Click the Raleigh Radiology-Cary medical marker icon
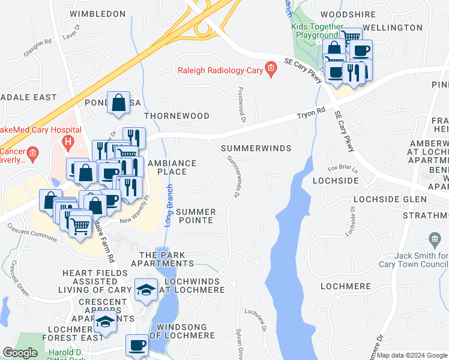(x=271, y=70)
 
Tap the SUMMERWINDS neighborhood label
(x=256, y=148)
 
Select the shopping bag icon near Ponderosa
(x=119, y=103)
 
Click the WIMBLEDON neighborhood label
(x=97, y=13)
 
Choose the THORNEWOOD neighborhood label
(x=176, y=116)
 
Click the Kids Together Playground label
(x=317, y=31)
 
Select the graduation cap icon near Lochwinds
(x=145, y=291)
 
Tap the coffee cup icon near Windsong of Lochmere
(x=137, y=346)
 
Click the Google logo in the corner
(x=20, y=353)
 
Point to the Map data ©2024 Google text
(x=412, y=355)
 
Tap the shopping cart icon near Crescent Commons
(x=80, y=225)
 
